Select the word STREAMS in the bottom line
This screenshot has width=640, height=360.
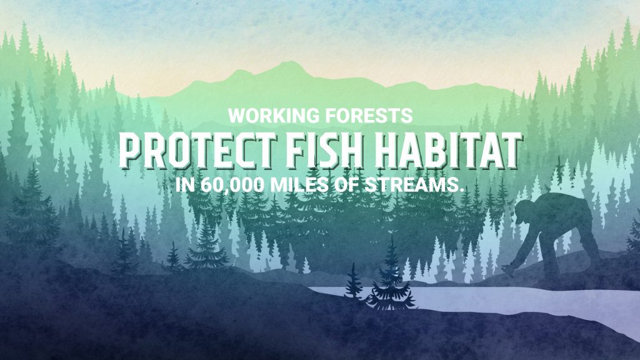click(x=414, y=185)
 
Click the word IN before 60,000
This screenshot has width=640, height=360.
click(x=185, y=185)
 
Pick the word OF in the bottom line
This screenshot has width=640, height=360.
click(x=346, y=185)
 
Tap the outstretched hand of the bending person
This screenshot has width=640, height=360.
click(x=509, y=270)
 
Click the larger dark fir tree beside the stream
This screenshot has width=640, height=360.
click(x=391, y=277)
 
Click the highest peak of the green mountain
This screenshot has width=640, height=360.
click(x=291, y=62)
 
